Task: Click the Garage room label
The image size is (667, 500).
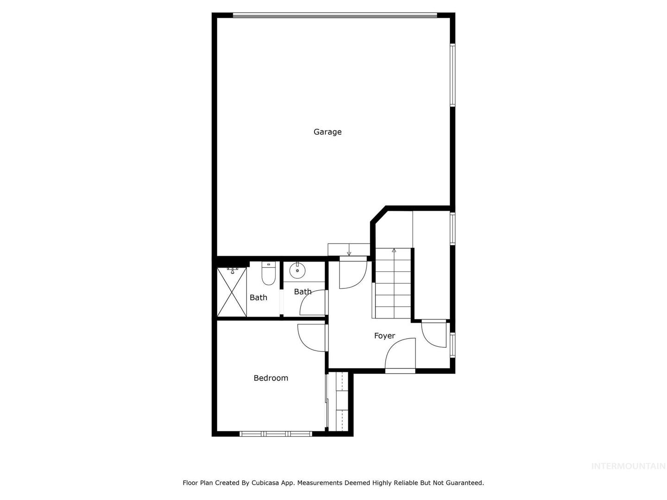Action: click(x=327, y=132)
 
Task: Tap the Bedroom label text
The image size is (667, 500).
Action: click(x=271, y=378)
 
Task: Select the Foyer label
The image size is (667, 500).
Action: click(x=384, y=336)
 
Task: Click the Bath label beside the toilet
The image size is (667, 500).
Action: click(x=258, y=297)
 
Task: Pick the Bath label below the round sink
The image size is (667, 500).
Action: click(x=302, y=292)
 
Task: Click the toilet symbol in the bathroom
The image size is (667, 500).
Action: click(x=268, y=273)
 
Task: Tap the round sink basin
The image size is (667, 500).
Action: click(x=297, y=270)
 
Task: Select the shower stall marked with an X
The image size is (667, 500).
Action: click(x=232, y=292)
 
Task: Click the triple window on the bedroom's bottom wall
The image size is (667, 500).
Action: click(x=275, y=434)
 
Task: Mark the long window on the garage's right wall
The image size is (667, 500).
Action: click(x=452, y=75)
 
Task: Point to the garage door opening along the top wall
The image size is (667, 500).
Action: click(x=334, y=15)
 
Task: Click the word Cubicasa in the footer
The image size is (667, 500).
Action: click(x=264, y=482)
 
